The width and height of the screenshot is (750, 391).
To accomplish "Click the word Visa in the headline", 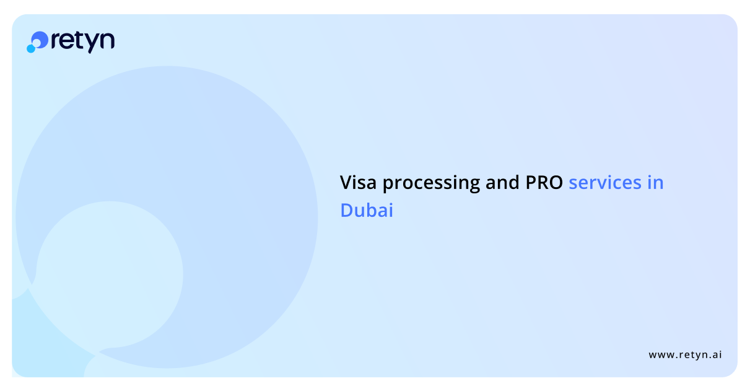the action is pyautogui.click(x=358, y=183).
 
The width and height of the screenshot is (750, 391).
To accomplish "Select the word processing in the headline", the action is pyautogui.click(x=431, y=184).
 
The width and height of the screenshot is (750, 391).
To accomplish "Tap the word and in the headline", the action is pyautogui.click(x=502, y=182).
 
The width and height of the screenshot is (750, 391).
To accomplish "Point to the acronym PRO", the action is pyautogui.click(x=544, y=183).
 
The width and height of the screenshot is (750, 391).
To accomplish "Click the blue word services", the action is pyautogui.click(x=605, y=183).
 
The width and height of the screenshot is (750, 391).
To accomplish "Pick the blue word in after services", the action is pyautogui.click(x=655, y=183).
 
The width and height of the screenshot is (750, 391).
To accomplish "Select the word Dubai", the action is pyautogui.click(x=367, y=210).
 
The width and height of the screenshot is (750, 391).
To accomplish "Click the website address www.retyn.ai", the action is pyautogui.click(x=685, y=354).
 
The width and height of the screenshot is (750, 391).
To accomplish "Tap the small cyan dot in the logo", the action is pyautogui.click(x=31, y=49).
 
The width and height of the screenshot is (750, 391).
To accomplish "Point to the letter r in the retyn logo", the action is pyautogui.click(x=56, y=42).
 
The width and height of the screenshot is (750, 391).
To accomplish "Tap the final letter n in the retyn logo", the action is pyautogui.click(x=108, y=42).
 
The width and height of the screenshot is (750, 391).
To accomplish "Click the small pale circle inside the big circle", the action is pyautogui.click(x=110, y=275).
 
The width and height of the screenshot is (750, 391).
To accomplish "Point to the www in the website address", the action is pyautogui.click(x=661, y=355).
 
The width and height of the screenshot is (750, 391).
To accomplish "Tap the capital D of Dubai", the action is pyautogui.click(x=347, y=210).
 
